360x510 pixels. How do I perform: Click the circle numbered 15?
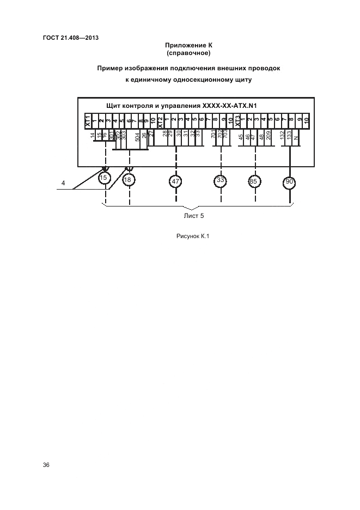click(x=104, y=178)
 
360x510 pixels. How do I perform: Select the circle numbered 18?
click(x=129, y=180)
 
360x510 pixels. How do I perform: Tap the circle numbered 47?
click(x=175, y=181)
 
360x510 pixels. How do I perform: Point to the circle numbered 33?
click(x=221, y=180)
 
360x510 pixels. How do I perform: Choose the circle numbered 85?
click(x=253, y=181)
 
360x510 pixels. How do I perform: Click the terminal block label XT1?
click(x=87, y=120)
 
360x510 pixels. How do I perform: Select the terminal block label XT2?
click(x=160, y=120)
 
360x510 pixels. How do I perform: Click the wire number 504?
click(x=137, y=136)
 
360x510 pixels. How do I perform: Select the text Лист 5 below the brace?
click(x=194, y=215)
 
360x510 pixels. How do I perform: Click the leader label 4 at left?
click(x=63, y=184)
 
